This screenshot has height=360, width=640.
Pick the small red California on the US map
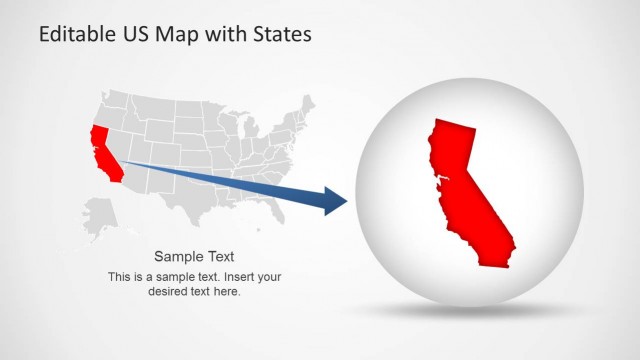(x=103, y=150)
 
